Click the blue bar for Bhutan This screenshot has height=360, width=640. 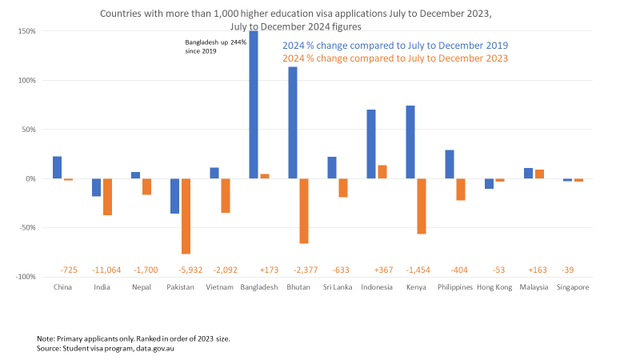[x=293, y=122]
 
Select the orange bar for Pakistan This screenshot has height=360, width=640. [x=186, y=216]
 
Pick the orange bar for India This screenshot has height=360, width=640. [x=107, y=197]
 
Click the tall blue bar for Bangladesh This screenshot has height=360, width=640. [x=254, y=104]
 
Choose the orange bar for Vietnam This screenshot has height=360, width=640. [x=225, y=195]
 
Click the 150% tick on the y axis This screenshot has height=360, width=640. [x=27, y=31]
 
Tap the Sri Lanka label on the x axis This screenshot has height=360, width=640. [x=337, y=286]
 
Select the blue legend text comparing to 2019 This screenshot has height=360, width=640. [x=395, y=46]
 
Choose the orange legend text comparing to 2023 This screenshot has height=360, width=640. [x=395, y=58]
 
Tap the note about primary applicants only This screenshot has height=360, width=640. [x=133, y=339]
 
